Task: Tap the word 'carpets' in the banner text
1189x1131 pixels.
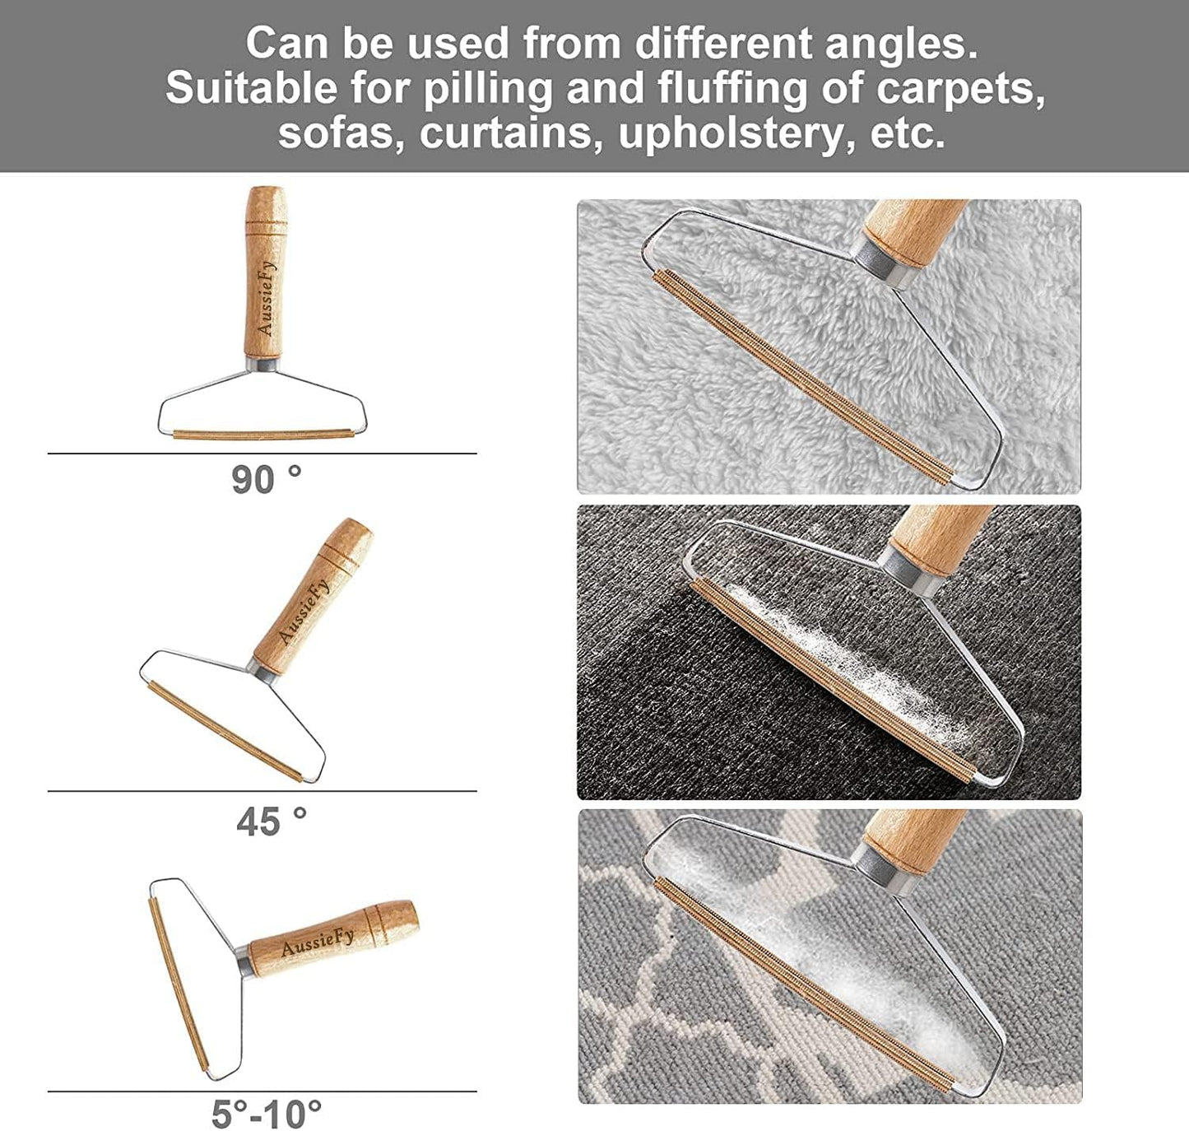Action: coord(960,88)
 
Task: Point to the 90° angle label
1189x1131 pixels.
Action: coord(266,480)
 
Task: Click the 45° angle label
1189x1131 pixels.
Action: coord(272,822)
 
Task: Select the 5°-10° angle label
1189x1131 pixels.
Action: coord(267,1112)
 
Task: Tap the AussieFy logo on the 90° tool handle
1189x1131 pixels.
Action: coord(266,298)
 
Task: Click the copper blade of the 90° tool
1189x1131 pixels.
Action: coord(263,434)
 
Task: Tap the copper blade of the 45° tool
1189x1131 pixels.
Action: coord(225,730)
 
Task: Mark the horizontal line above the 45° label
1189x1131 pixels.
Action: coord(262,791)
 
